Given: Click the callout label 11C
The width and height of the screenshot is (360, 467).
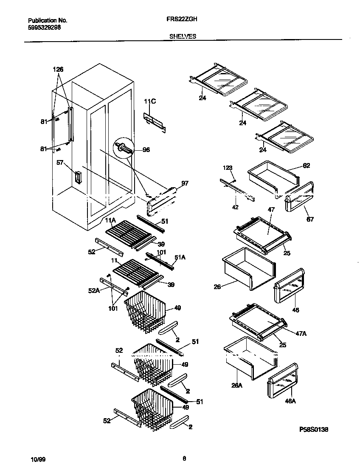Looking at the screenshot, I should click(150, 101).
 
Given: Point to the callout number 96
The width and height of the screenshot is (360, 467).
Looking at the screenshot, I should click(146, 149).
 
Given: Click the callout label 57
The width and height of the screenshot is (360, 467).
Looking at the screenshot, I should click(60, 162).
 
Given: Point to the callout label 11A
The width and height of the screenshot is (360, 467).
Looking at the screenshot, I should click(110, 220).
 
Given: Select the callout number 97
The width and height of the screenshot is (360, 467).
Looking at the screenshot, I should click(185, 183).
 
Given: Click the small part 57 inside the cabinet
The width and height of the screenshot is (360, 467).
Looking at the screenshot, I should click(78, 177).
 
